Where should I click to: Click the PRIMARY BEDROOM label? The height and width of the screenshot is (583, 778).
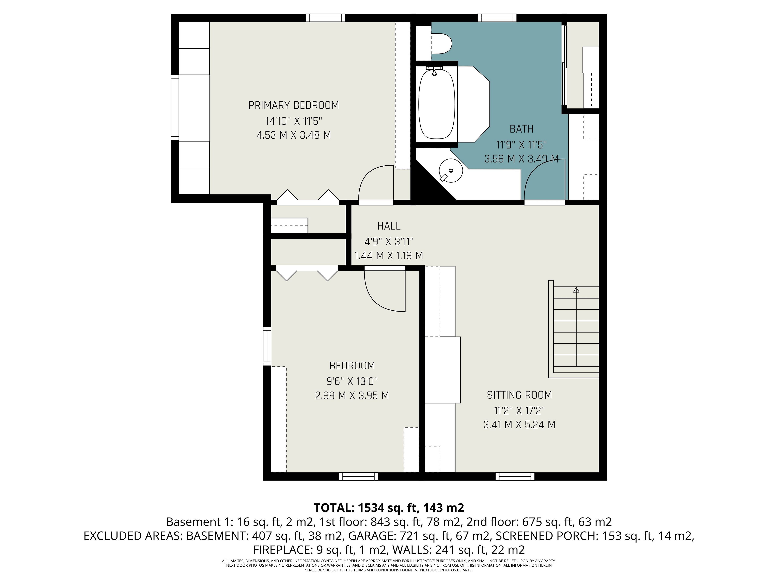tap(294, 105)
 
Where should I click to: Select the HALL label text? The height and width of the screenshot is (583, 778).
tap(389, 226)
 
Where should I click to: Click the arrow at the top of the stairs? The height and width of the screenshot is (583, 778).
tap(576, 290)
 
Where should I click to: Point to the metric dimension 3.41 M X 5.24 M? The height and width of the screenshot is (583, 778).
tap(519, 425)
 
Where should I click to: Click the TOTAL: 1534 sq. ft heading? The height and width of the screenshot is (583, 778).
tap(389, 508)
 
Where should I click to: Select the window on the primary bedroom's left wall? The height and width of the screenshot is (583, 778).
tap(175, 107)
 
